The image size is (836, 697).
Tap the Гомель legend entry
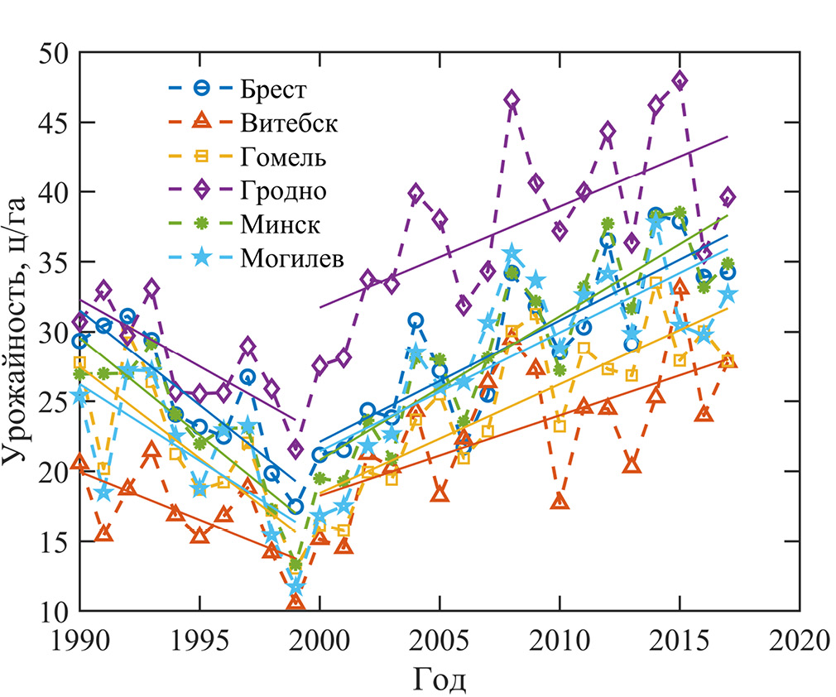pos(284,156)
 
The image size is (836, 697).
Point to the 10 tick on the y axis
pos(55,612)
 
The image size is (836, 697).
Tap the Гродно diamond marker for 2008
pos(512,101)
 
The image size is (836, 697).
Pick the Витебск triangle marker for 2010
pos(560,502)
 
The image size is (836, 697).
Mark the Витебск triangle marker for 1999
pos(295,602)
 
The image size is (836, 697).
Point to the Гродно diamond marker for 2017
pos(728,197)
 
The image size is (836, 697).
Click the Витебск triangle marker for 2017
pos(728,360)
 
